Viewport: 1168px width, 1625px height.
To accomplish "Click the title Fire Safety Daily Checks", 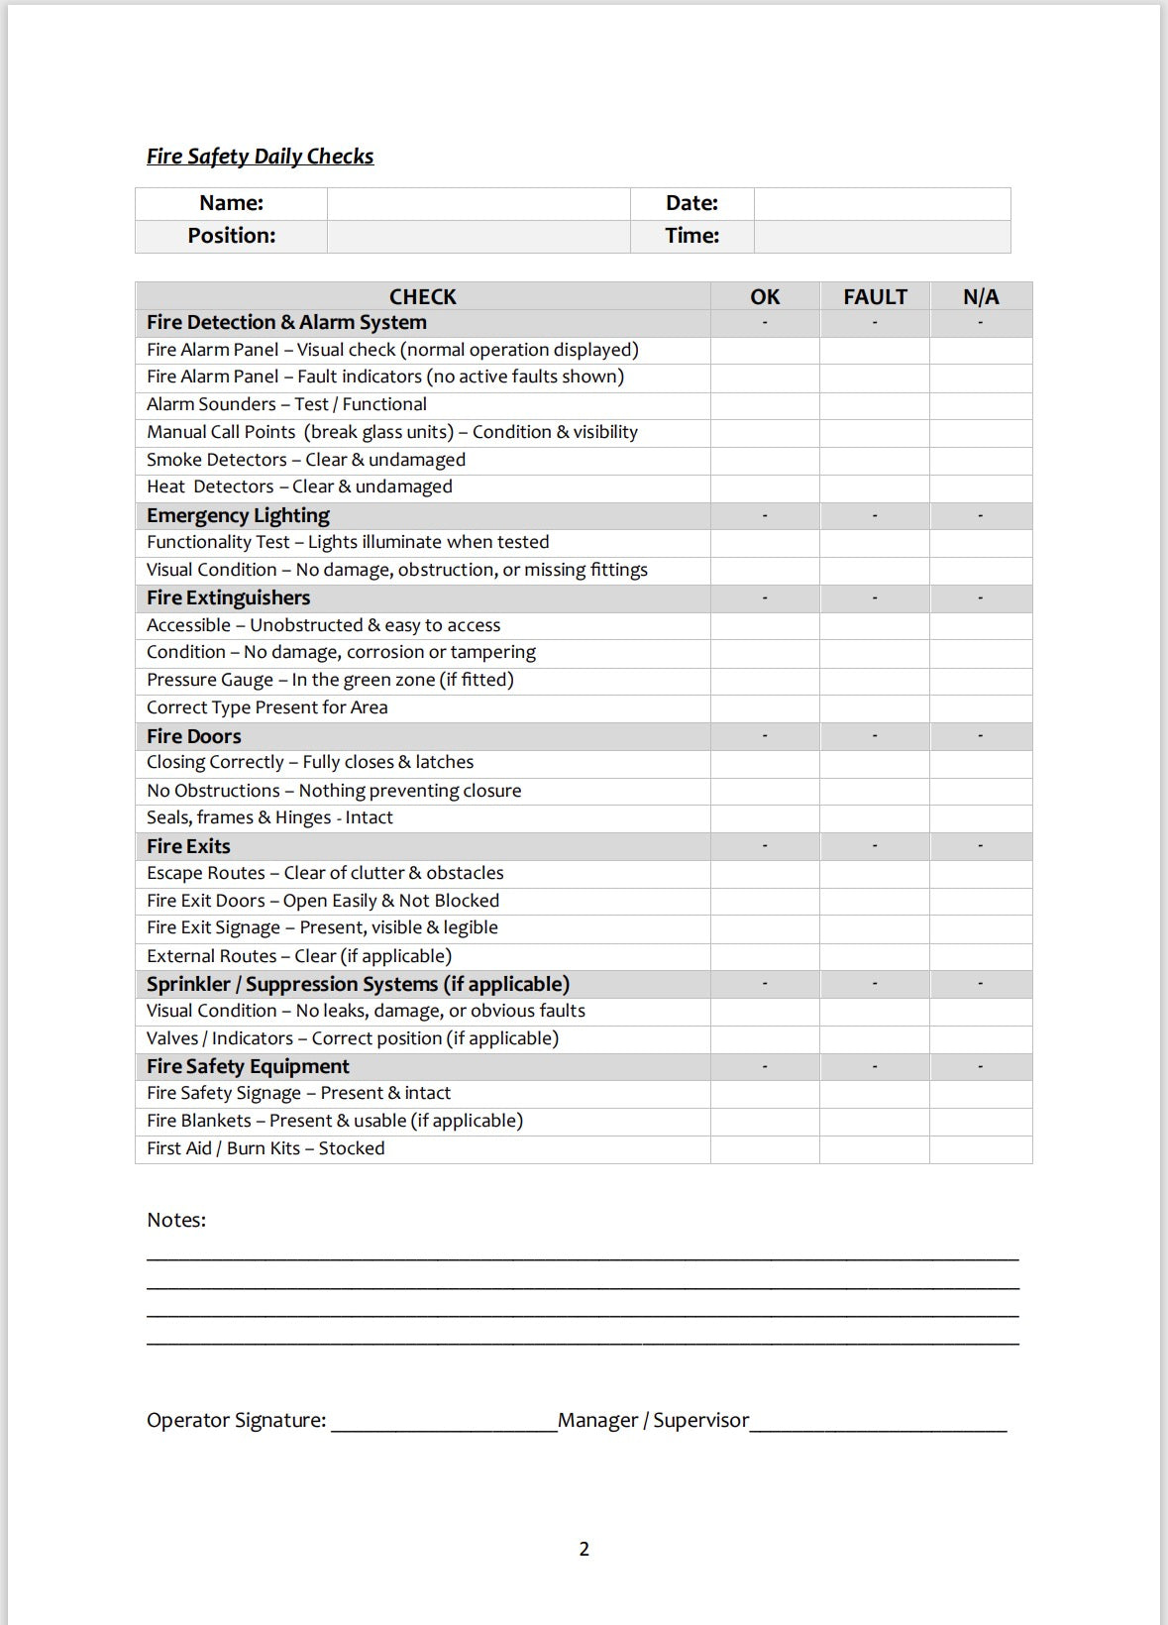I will [x=260, y=157].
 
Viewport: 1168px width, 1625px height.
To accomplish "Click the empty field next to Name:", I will [x=478, y=203].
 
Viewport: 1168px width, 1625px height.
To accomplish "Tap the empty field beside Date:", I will [x=882, y=203].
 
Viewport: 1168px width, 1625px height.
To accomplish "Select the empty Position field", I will [x=478, y=236].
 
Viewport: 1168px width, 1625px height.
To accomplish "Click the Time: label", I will [x=691, y=236].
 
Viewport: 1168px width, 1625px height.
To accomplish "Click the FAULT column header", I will [x=875, y=296].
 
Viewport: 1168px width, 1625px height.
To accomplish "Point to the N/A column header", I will [x=981, y=296].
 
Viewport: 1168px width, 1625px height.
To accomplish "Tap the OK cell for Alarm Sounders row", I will [x=765, y=405].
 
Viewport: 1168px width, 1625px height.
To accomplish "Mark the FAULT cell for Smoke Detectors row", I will [x=875, y=460].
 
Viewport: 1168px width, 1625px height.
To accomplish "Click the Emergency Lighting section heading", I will [x=238, y=515].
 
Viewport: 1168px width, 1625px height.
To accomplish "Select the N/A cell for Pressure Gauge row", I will [x=981, y=681].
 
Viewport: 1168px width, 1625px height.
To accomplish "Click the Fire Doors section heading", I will [x=194, y=736].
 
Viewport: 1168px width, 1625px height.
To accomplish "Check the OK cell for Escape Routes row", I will [x=765, y=874].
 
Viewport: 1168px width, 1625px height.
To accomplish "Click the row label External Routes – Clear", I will [x=299, y=956].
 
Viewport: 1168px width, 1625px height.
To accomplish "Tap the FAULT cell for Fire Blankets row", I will [x=875, y=1122].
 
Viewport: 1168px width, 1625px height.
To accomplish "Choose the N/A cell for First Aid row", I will [x=981, y=1149].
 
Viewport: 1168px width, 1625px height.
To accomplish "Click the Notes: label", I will [x=176, y=1220].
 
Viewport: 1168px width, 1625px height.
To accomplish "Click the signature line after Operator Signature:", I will [x=444, y=1423].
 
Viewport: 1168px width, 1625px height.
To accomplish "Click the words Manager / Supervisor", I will [x=653, y=1420].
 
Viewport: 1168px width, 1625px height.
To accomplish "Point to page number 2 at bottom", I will [x=584, y=1549].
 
